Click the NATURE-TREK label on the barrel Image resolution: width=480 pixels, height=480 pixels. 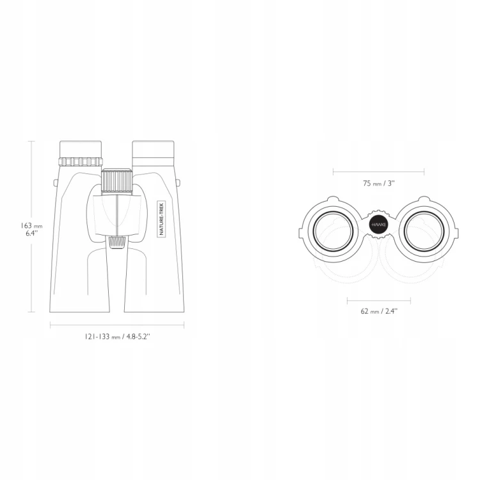pyautogui.click(x=161, y=219)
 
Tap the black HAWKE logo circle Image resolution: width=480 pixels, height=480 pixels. pyautogui.click(x=379, y=225)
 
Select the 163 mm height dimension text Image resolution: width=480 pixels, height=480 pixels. pyautogui.click(x=31, y=226)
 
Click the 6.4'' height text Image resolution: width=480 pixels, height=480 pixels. pyautogui.click(x=31, y=233)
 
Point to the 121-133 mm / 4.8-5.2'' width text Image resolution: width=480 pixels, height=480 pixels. pyautogui.click(x=117, y=337)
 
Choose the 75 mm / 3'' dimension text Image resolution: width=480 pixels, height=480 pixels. pyautogui.click(x=379, y=184)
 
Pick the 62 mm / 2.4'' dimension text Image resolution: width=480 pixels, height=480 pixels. pyautogui.click(x=379, y=311)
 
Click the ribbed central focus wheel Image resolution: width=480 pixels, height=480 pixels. pyautogui.click(x=117, y=181)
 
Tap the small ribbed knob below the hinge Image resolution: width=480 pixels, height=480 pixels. pyautogui.click(x=117, y=242)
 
